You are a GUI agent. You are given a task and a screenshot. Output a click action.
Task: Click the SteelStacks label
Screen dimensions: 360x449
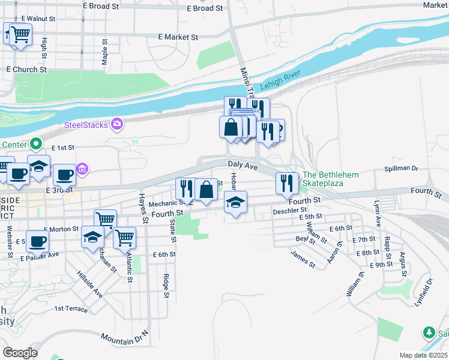click(86, 125)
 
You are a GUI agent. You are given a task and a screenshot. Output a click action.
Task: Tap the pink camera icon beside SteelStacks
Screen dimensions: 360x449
click(117, 124)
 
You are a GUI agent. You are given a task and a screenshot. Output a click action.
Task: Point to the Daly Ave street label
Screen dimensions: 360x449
click(243, 164)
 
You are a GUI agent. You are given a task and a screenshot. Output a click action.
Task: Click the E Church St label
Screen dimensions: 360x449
click(26, 70)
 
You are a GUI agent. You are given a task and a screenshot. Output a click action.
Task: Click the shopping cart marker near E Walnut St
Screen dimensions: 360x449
click(18, 34)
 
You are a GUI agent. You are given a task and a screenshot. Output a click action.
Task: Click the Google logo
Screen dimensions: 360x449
click(20, 352)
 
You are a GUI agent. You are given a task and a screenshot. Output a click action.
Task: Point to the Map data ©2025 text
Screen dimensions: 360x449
click(423, 355)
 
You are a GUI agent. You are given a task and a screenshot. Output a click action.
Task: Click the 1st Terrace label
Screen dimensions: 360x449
click(71, 309)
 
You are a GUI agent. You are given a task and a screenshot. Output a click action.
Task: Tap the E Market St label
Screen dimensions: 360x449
click(178, 37)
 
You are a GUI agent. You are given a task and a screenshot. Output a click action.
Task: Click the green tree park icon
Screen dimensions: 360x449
click(429, 332)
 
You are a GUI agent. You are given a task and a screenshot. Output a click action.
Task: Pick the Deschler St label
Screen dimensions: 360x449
click(289, 211)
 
